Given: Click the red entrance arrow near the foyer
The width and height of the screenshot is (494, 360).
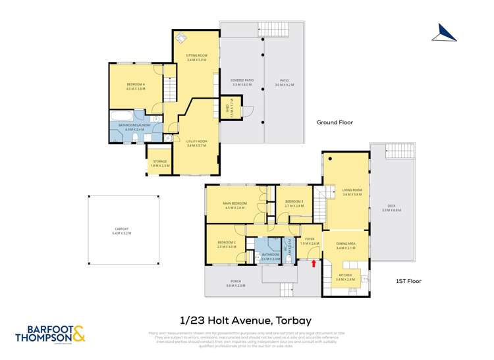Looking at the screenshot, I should click(314, 264).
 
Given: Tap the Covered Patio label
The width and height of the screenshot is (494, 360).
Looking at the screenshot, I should click(242, 83).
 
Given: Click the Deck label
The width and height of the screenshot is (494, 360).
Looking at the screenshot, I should click(391, 208).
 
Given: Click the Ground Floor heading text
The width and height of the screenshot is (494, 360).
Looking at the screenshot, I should click(335, 122).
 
